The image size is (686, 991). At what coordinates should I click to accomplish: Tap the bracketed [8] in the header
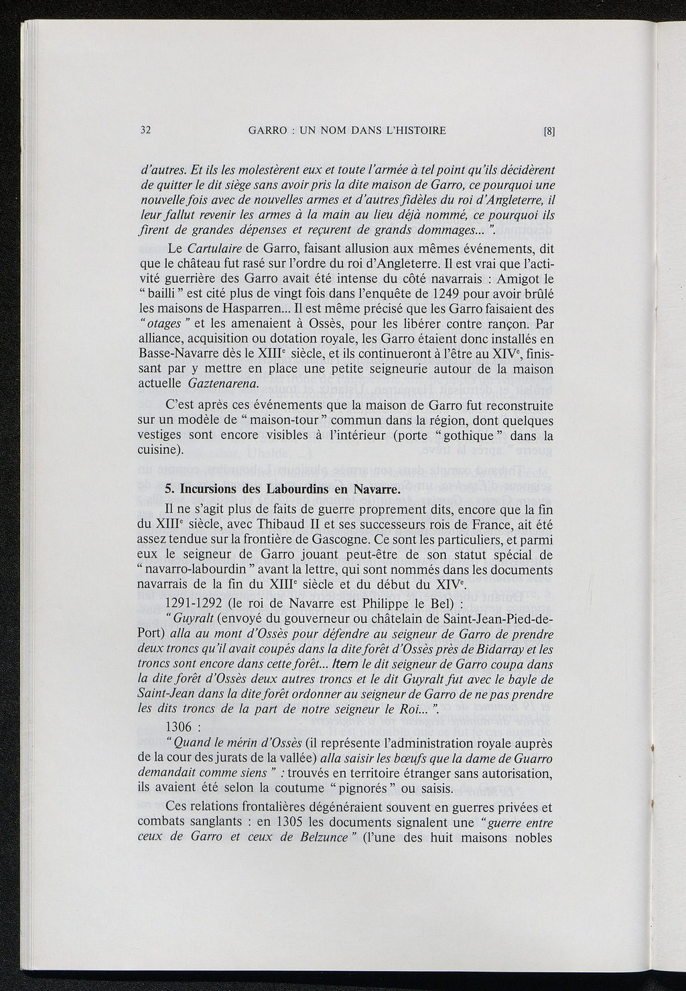pos(549,131)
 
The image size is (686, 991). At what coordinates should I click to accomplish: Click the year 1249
pos(433,294)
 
